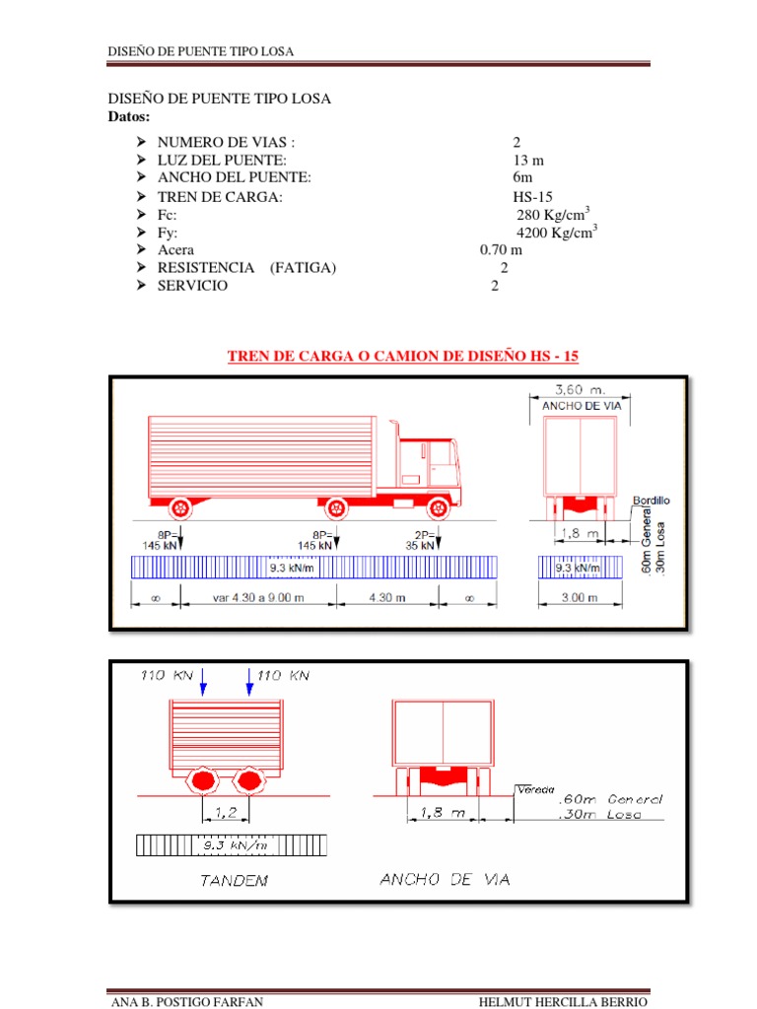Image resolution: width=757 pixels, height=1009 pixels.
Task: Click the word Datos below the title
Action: point(127,117)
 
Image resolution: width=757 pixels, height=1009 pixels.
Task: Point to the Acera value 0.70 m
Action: point(501,250)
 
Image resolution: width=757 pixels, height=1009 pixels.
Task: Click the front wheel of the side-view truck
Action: point(437,508)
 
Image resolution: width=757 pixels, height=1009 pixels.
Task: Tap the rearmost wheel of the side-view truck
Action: point(179,508)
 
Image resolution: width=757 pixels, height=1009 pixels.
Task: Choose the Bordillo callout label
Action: point(651,501)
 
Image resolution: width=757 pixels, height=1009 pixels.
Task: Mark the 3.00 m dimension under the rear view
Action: point(580,597)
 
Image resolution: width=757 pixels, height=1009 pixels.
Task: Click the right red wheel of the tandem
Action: point(248,780)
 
